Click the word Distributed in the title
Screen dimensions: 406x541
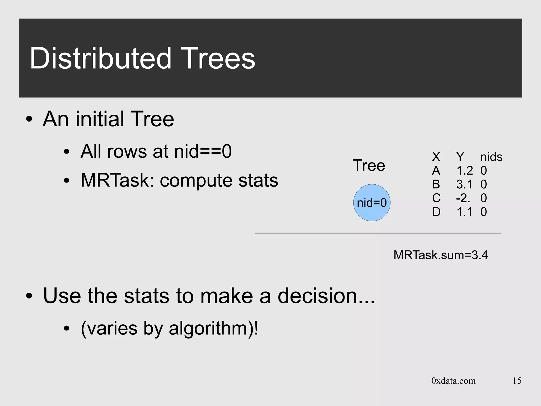[x=100, y=58]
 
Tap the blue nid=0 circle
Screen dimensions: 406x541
[x=372, y=203]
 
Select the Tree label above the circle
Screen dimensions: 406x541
[x=369, y=166]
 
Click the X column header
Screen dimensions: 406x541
[x=436, y=157]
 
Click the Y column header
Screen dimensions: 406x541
[x=460, y=157]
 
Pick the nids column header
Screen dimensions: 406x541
[x=491, y=157]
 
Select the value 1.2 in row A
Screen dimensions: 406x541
[x=464, y=171]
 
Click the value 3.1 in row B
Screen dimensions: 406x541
[x=464, y=184]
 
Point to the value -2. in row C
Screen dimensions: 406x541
[x=463, y=198]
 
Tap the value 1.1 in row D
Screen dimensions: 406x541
[x=464, y=212]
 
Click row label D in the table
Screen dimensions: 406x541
[x=436, y=212]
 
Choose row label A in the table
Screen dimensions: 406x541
[x=436, y=171]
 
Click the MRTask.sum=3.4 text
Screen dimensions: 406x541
[x=441, y=255]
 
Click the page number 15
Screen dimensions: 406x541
[x=517, y=381]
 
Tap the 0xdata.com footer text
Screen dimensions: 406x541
[x=453, y=381]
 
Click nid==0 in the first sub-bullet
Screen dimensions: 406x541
[x=203, y=151]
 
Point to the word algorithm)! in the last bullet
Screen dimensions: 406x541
[x=213, y=329]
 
